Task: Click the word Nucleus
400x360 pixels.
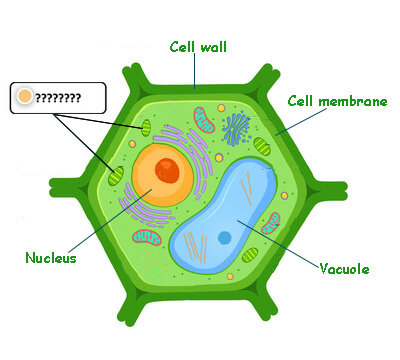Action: tap(51, 258)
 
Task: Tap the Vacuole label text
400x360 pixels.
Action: tap(344, 269)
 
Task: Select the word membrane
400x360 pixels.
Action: tap(353, 101)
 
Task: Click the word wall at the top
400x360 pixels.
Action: tap(214, 47)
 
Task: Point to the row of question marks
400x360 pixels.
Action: tap(58, 98)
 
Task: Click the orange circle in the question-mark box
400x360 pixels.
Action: tap(25, 96)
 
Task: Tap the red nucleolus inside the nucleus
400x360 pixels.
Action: tap(167, 170)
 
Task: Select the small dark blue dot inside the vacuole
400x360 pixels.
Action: tap(225, 238)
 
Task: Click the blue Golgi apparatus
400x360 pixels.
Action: tap(236, 129)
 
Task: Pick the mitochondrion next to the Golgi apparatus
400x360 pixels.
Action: tap(204, 120)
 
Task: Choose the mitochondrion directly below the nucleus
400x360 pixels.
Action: tap(147, 238)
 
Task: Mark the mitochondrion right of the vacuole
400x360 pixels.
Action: tap(271, 223)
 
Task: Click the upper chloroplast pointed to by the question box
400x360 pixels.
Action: tap(146, 128)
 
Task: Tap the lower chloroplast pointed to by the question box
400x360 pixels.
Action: tap(116, 177)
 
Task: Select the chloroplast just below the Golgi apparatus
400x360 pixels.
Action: tap(262, 147)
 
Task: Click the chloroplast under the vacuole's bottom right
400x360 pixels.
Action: tap(250, 255)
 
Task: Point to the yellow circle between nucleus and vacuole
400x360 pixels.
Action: tap(219, 158)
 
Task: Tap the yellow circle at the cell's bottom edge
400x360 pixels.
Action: tap(230, 276)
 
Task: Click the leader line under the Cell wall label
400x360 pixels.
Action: tap(195, 71)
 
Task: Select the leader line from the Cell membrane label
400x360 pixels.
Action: tap(301, 122)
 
